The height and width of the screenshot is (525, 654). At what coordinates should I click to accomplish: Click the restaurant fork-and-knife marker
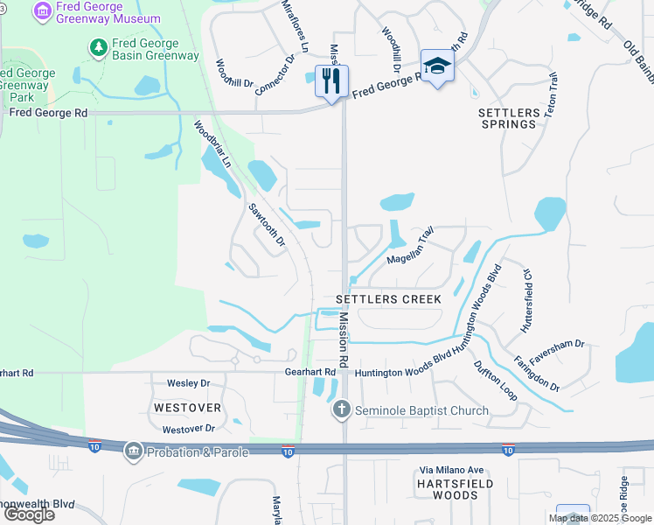pyautogui.click(x=331, y=81)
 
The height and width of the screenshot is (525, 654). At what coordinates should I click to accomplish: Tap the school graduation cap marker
pyautogui.click(x=436, y=66)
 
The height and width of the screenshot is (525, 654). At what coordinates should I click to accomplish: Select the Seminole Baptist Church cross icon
pyautogui.click(x=341, y=409)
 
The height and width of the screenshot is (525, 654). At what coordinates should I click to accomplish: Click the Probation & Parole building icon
pyautogui.click(x=133, y=451)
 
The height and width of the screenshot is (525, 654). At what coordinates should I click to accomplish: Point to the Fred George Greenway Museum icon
pyautogui.click(x=41, y=12)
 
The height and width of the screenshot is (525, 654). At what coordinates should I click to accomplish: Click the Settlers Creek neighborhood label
pyautogui.click(x=389, y=299)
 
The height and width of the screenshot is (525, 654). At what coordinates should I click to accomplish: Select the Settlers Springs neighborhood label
pyautogui.click(x=508, y=118)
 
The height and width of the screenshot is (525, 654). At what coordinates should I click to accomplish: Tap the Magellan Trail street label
pyautogui.click(x=411, y=247)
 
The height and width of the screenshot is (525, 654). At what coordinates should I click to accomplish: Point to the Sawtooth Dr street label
pyautogui.click(x=268, y=225)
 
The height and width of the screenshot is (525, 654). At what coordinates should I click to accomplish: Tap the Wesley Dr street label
pyautogui.click(x=188, y=383)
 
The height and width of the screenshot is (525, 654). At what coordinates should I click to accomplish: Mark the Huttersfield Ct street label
pyautogui.click(x=526, y=301)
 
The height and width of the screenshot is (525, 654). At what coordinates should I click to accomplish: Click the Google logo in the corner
pyautogui.click(x=28, y=514)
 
